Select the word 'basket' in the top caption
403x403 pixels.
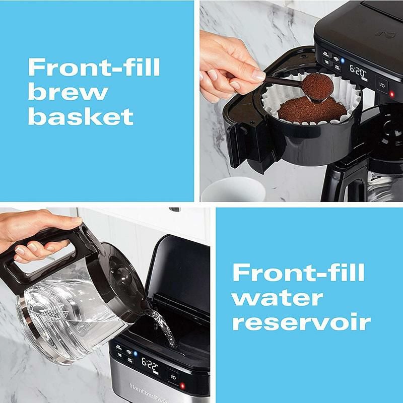pyautogui.click(x=81, y=117)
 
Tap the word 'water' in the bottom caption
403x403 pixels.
pyautogui.click(x=278, y=297)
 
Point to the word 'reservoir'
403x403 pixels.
pyautogui.click(x=301, y=322)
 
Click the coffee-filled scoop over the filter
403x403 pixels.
pyautogui.click(x=316, y=87)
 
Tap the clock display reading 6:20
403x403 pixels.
pyautogui.click(x=358, y=72)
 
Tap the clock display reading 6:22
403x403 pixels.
pyautogui.click(x=150, y=364)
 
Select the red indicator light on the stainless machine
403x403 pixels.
pyautogui.click(x=182, y=386)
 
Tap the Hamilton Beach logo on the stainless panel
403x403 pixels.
pyautogui.click(x=146, y=391)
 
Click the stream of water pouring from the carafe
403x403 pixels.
pyautogui.click(x=164, y=325)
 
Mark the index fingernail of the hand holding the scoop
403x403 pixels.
pyautogui.click(x=258, y=76)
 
